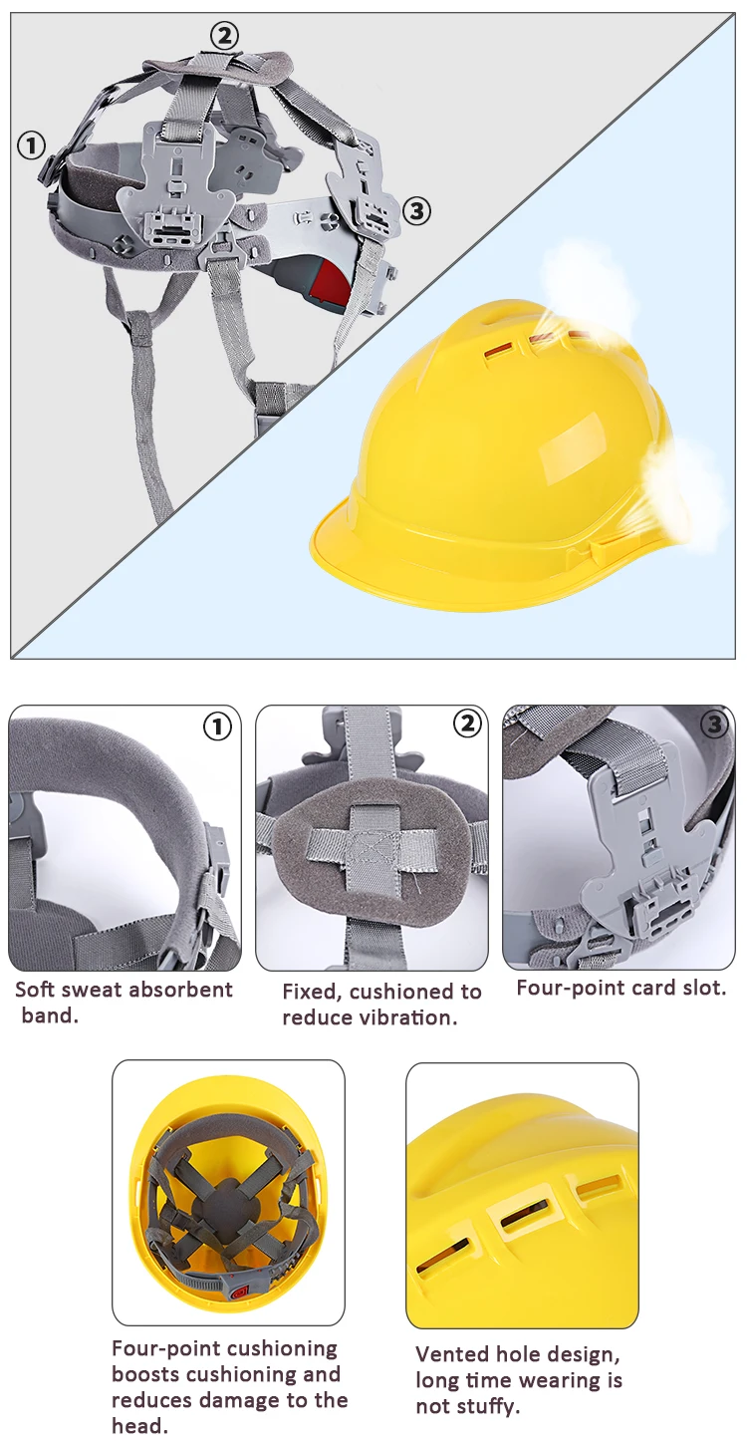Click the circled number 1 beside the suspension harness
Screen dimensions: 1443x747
[x=32, y=145]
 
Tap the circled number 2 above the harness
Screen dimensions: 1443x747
[x=224, y=37]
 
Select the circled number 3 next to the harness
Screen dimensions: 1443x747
[x=416, y=211]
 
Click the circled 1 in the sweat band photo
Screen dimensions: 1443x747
[x=217, y=726]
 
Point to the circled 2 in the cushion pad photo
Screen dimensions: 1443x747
[x=466, y=724]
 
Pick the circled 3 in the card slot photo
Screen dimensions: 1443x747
[x=713, y=724]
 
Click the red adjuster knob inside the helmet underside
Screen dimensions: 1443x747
[x=239, y=1292]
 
